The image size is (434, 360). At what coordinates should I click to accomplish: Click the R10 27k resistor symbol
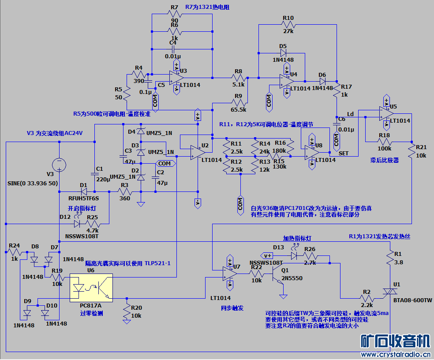click(x=288, y=25)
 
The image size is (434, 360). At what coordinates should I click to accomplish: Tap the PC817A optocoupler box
click(x=91, y=288)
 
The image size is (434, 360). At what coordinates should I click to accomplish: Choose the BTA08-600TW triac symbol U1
click(x=391, y=292)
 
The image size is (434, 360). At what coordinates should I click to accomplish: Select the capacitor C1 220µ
click(x=94, y=174)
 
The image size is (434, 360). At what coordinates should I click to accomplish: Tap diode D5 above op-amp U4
click(x=283, y=52)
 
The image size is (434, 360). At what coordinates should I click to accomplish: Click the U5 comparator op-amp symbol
click(x=386, y=113)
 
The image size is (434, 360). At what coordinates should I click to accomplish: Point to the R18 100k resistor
click(x=384, y=142)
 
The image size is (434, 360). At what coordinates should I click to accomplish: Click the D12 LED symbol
click(x=77, y=223)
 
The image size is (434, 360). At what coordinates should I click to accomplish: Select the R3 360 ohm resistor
click(x=124, y=191)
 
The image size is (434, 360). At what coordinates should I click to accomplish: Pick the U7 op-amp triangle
click(x=230, y=273)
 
